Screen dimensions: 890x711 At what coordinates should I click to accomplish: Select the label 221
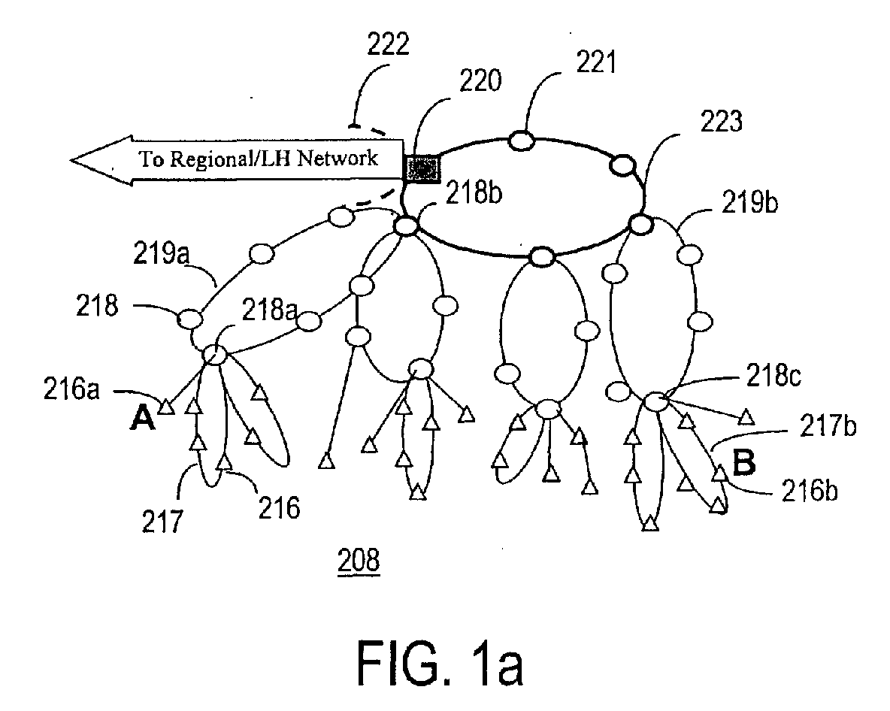(596, 62)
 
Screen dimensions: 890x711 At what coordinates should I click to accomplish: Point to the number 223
(721, 121)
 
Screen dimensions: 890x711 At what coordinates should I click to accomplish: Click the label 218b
(474, 193)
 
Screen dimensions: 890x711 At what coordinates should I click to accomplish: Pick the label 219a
(161, 253)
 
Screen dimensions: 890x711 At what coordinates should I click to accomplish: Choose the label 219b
(749, 202)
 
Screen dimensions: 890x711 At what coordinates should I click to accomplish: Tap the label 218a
(270, 309)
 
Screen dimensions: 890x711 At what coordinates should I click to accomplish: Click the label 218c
(773, 375)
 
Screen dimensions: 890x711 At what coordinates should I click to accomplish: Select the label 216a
(71, 389)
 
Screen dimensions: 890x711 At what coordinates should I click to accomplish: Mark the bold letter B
(744, 462)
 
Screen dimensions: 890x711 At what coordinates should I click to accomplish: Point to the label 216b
(810, 490)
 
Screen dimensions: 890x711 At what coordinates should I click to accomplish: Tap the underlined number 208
(359, 561)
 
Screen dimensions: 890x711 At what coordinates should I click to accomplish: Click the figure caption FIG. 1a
(440, 662)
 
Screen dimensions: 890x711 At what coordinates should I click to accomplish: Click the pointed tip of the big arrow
(71, 161)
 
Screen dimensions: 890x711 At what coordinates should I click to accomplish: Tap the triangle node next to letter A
(165, 407)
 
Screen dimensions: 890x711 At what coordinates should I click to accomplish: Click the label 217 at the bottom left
(162, 521)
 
